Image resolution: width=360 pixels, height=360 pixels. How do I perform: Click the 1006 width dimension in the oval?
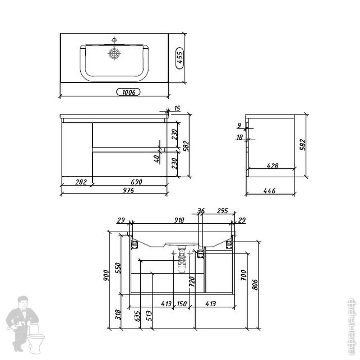[128, 91]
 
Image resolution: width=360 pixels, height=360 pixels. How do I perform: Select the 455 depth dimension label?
[180, 57]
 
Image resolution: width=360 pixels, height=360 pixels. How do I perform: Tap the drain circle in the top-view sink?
[114, 54]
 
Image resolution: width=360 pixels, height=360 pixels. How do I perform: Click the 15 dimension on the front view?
[177, 108]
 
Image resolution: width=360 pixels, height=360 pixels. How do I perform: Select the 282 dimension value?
[80, 182]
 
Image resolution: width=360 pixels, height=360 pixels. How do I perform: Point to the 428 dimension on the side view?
[273, 166]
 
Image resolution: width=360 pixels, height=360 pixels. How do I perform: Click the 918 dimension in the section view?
[178, 220]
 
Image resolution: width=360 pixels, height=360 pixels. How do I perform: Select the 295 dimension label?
[221, 211]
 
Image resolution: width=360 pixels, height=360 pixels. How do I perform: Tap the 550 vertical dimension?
[118, 268]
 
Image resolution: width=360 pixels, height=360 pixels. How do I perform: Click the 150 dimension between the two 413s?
[181, 303]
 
